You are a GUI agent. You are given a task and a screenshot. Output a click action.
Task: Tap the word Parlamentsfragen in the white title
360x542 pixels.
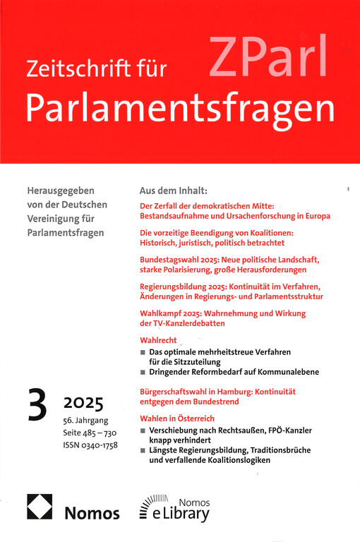coord(179,107)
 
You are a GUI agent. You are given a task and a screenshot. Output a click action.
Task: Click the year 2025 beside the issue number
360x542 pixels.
coord(83,404)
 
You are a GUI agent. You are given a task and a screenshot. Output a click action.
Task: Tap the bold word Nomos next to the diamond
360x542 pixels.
coord(93,512)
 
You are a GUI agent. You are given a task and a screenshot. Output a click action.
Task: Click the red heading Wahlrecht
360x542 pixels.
coord(159,339)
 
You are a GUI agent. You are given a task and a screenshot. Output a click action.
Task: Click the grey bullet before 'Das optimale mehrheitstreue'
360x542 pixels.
coord(143,351)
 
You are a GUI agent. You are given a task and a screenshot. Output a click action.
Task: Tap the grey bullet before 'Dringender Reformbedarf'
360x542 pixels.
coord(143,372)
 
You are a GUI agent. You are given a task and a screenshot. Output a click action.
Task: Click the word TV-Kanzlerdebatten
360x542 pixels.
coord(191,323)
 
